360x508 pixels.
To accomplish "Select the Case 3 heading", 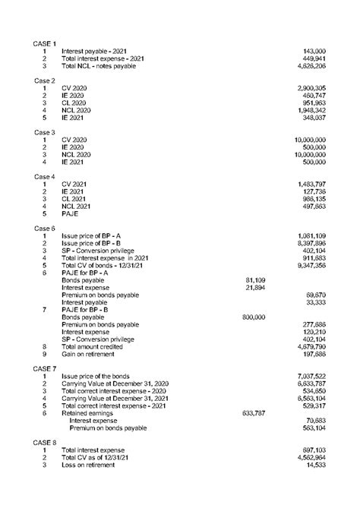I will tap(45, 132).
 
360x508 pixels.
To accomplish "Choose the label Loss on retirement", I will tap(92, 465).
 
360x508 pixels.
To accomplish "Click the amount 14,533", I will tap(315, 465).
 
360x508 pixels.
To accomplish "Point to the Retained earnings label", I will tap(90, 413).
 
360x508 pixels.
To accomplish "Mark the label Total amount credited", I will tap(96, 346).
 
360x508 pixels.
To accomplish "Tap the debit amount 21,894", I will tap(254, 287).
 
